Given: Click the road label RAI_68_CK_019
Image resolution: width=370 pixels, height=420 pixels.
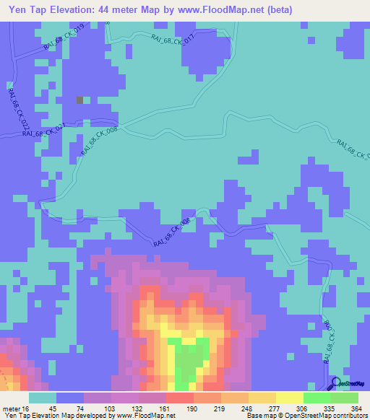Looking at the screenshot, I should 64,36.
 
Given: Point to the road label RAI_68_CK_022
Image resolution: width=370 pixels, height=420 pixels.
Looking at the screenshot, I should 15,108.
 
